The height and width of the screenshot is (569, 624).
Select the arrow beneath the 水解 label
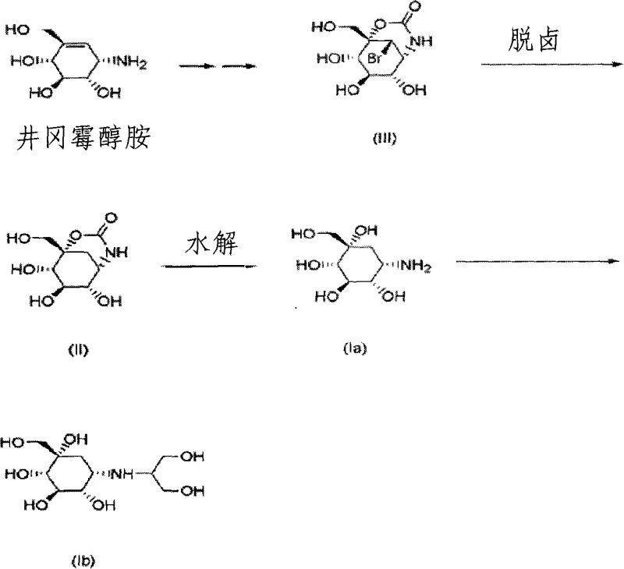pyautogui.click(x=211, y=267)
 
